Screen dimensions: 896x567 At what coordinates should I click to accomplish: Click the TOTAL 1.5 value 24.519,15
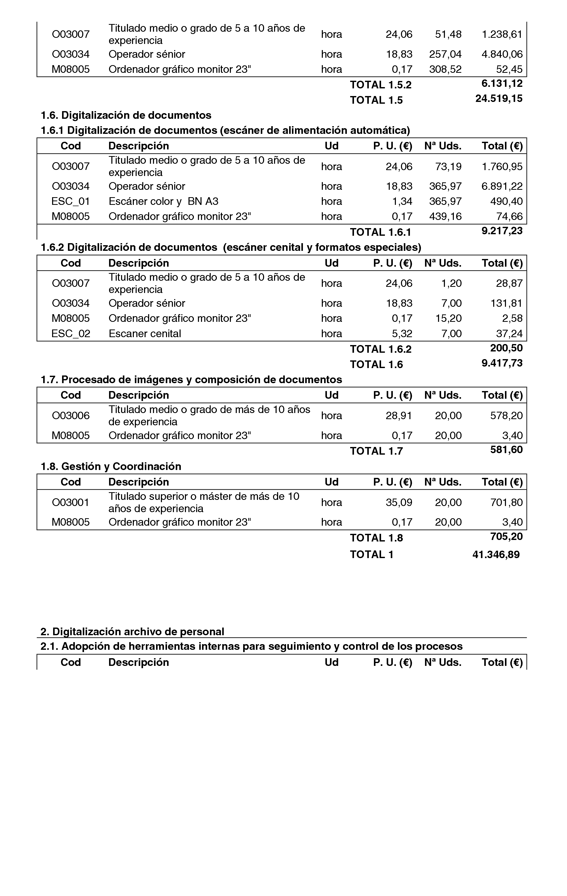tap(499, 99)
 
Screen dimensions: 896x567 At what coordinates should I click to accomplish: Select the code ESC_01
tap(71, 201)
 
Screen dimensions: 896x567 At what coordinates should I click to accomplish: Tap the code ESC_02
tap(71, 333)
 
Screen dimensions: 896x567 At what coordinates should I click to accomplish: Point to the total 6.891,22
tap(502, 186)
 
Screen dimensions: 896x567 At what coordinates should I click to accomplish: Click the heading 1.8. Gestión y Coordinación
tap(111, 466)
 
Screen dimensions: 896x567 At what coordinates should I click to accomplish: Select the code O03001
tap(71, 502)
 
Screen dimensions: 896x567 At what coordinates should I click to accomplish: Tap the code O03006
tap(71, 415)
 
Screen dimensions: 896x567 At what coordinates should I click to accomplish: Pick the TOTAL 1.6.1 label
tap(380, 232)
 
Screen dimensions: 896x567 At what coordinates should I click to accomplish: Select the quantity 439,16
tap(445, 216)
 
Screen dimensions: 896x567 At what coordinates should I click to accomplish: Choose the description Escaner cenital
tap(145, 333)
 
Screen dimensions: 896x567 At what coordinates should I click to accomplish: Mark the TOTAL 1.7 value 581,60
tap(506, 450)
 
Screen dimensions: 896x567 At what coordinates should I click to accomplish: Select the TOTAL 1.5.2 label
tap(381, 85)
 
